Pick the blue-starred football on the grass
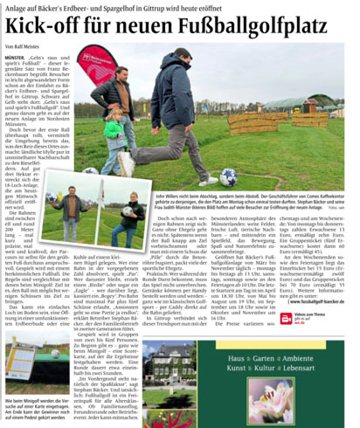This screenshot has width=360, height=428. pos(226,176)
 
